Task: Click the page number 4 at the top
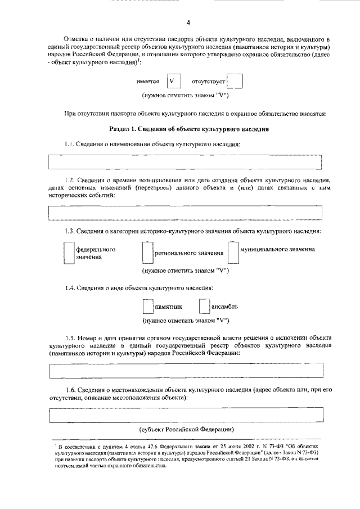tap(188, 22)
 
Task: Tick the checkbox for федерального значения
tap(68, 252)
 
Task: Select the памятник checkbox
tap(147, 307)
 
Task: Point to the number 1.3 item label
tap(70, 232)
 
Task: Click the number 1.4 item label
tap(70, 288)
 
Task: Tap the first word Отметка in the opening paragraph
tap(78, 40)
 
